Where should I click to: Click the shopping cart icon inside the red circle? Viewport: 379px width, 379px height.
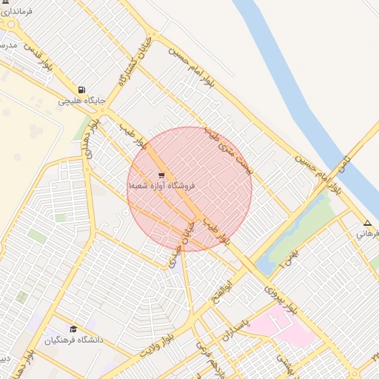pos(161,175)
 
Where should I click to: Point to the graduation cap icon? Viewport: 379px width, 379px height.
pos(73,329)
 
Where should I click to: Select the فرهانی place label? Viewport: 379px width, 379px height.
pos(367,234)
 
